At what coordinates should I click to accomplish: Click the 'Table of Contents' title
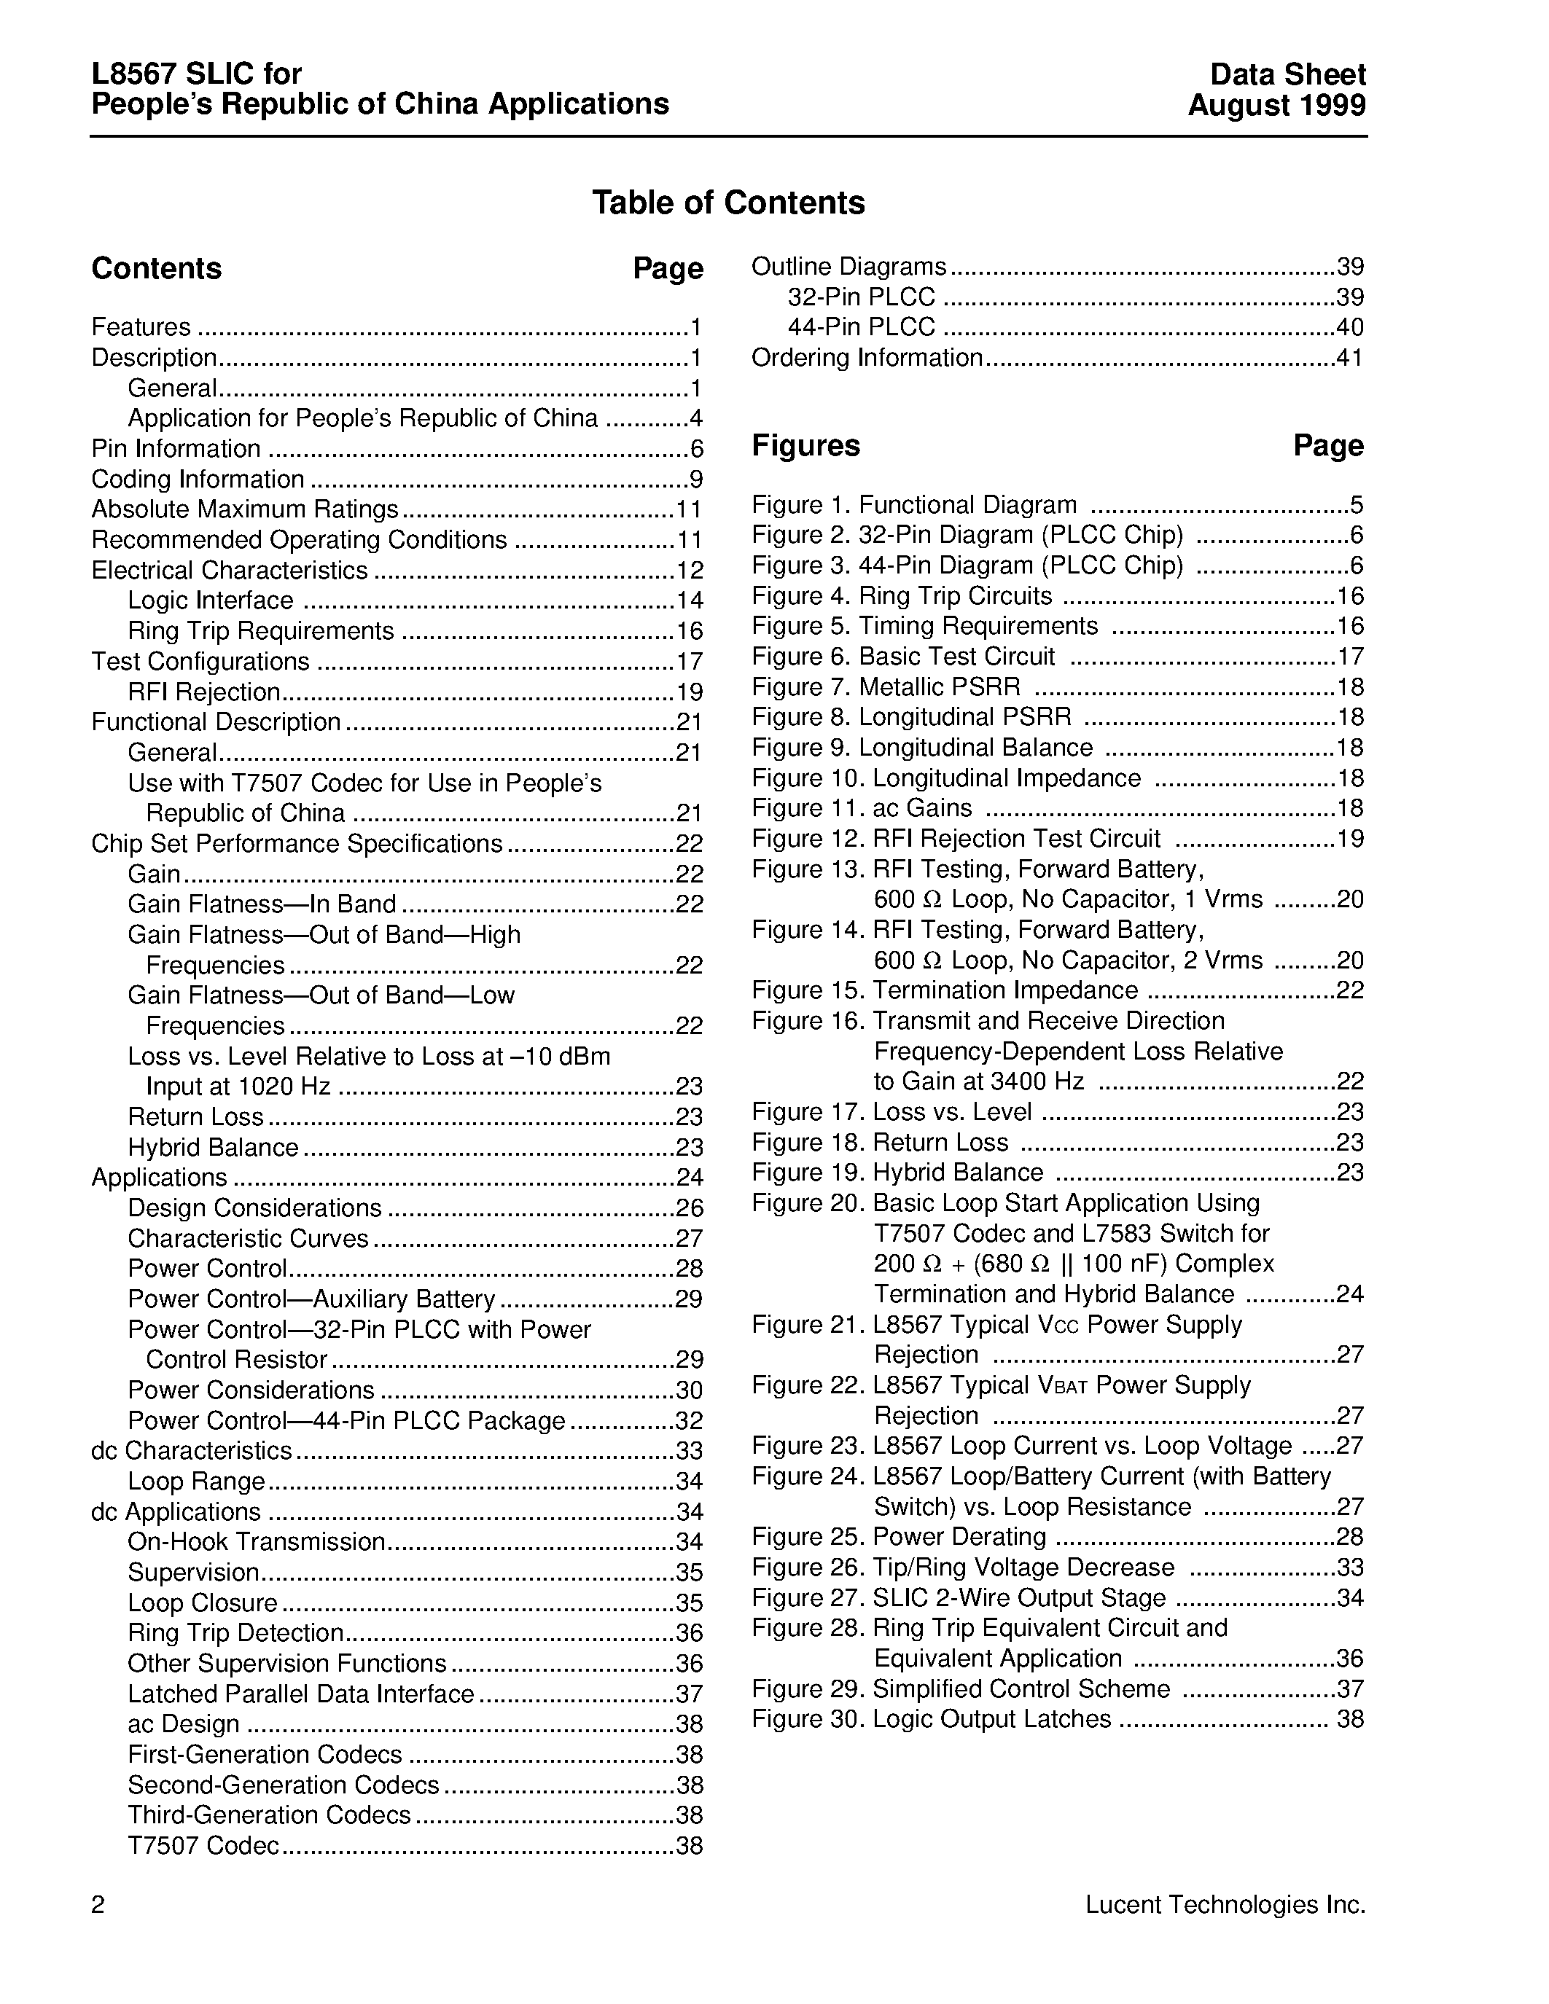[x=727, y=203]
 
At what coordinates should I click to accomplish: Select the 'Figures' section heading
[x=805, y=446]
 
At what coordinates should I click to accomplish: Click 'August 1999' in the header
[x=1276, y=106]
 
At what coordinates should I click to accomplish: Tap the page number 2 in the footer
[x=98, y=1906]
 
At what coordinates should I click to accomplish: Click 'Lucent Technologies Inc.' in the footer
[x=1225, y=1905]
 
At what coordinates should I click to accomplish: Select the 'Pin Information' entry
[x=176, y=449]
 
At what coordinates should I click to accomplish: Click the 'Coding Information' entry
[x=198, y=479]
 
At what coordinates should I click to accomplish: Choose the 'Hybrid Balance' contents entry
[x=213, y=1148]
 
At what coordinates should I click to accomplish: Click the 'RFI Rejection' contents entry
[x=203, y=692]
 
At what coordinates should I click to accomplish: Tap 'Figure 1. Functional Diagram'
[x=914, y=506]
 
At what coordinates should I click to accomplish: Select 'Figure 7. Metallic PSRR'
[x=886, y=687]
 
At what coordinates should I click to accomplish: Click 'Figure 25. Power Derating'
[x=898, y=1537]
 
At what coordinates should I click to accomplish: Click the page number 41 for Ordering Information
[x=1349, y=358]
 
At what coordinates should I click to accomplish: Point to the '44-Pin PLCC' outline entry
[x=861, y=328]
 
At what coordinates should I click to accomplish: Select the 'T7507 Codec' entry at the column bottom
[x=203, y=1845]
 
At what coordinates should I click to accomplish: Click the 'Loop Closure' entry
[x=202, y=1603]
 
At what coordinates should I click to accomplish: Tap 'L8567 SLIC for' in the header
[x=196, y=74]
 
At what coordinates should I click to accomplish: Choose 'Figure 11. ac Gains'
[x=862, y=808]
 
